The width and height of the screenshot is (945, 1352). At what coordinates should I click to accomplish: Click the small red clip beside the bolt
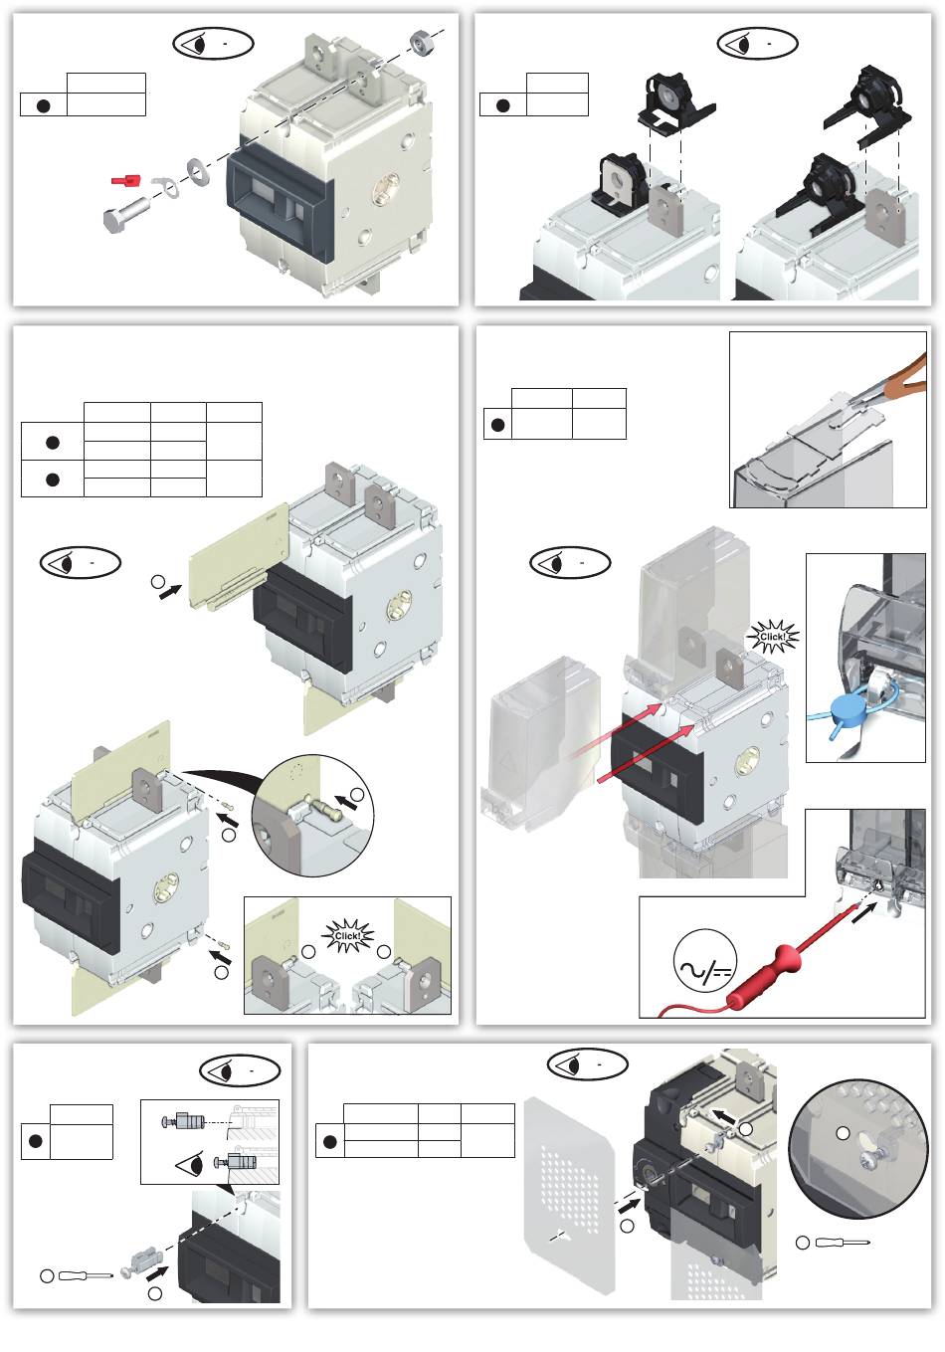point(124,180)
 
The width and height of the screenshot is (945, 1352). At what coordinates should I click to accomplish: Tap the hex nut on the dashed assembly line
point(420,40)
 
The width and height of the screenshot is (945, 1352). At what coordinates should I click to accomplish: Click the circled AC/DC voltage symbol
point(705,966)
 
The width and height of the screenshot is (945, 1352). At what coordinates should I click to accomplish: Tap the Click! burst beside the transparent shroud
point(771,635)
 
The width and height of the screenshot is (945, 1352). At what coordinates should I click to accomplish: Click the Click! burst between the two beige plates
point(348,936)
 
